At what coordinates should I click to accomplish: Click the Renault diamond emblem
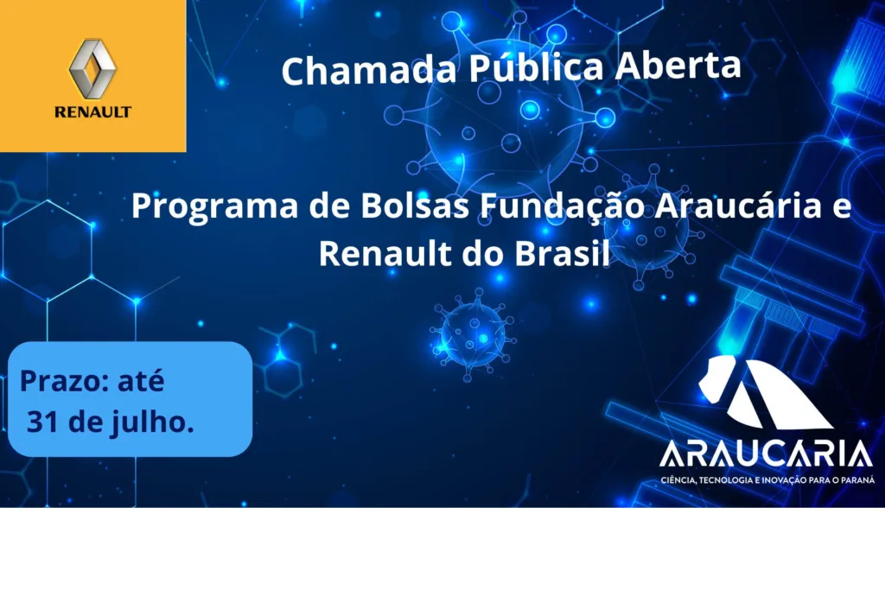92,69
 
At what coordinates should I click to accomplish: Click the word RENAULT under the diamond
92,111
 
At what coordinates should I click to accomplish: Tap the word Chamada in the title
369,70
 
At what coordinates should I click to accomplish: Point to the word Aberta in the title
678,66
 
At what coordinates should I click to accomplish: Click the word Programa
214,206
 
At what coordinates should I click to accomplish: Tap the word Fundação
562,206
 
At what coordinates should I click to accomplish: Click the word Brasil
562,253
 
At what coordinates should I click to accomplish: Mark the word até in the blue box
141,381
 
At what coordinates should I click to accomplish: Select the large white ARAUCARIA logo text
766,454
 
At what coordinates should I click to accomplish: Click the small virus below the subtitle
473,334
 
